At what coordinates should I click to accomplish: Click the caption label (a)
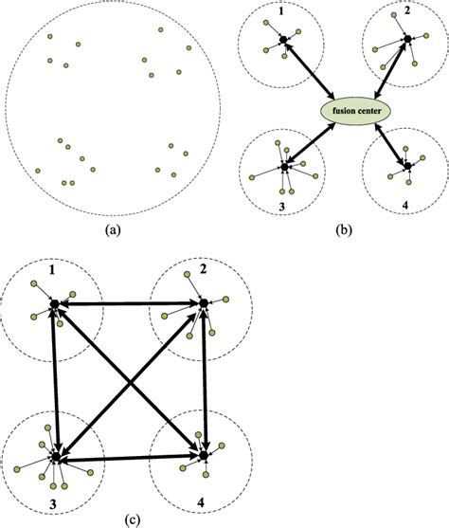(114, 228)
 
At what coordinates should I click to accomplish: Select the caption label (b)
(341, 228)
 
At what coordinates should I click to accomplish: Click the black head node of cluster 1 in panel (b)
(282, 39)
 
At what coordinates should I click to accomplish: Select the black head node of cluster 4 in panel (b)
(407, 166)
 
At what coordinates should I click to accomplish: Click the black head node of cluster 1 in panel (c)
(55, 303)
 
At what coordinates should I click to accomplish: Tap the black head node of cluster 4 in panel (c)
(203, 456)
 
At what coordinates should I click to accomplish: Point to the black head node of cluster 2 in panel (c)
(203, 303)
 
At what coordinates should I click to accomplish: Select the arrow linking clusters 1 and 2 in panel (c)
(129, 303)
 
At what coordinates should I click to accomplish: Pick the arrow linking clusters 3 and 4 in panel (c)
(129, 457)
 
